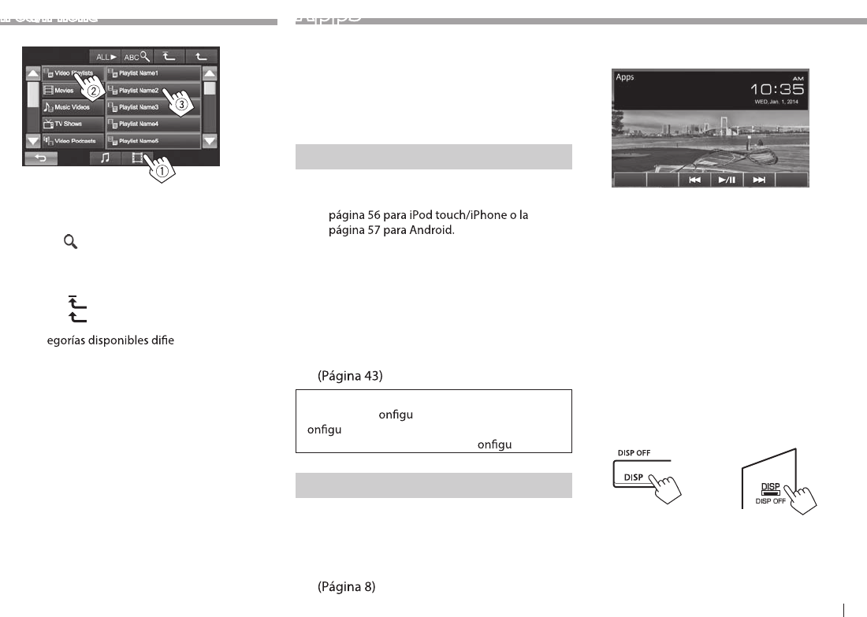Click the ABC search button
coord(136,57)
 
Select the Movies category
coord(73,91)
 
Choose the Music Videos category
coord(73,107)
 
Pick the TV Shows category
coord(73,124)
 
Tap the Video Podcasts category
coord(73,141)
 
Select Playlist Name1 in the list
coord(153,73)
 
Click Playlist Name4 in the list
coord(153,124)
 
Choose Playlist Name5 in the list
coord(153,141)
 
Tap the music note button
coord(104,158)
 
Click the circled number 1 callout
coord(162,170)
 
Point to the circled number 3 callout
coord(180,103)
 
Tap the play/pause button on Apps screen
coord(726,180)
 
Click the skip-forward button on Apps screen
coord(759,180)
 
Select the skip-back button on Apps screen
coord(694,180)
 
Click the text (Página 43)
coord(350,377)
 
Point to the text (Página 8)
coord(347,587)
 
